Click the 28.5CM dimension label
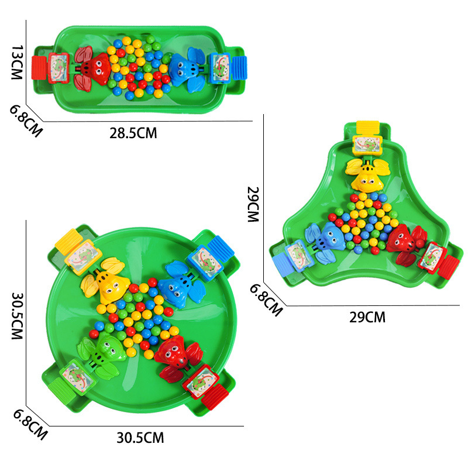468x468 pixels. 133,133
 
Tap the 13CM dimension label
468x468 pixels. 17,63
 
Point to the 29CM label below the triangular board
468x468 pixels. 367,317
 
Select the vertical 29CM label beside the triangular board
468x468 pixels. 253,204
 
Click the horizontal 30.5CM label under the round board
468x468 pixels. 140,438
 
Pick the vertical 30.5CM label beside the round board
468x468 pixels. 17,316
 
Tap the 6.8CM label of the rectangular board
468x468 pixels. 26,121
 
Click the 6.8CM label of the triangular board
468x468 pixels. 266,300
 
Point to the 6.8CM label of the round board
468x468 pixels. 30,424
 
